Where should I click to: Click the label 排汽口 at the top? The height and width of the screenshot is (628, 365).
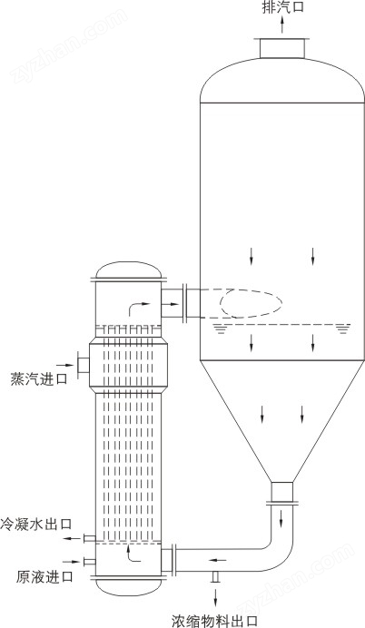pos(283,7)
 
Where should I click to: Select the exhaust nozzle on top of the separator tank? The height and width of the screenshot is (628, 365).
pos(282,48)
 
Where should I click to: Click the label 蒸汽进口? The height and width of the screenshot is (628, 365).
pos(39,378)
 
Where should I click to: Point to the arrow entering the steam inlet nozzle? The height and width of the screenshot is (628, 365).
pos(64,365)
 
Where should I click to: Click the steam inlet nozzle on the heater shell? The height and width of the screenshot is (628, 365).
pos(84,365)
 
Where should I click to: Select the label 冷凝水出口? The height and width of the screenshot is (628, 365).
pos(35,524)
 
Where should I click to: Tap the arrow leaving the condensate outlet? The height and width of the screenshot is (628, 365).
pos(74,539)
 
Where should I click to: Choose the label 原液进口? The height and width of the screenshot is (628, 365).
pos(44,577)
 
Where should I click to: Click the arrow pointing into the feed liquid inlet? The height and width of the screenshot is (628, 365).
pos(72,562)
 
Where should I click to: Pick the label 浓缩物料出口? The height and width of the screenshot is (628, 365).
pos(214,621)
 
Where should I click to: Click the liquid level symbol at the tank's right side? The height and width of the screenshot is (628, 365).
pos(342,329)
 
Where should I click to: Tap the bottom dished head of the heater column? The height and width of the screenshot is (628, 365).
pos(129,587)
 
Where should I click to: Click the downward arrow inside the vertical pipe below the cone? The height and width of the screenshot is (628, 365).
pos(281,518)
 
